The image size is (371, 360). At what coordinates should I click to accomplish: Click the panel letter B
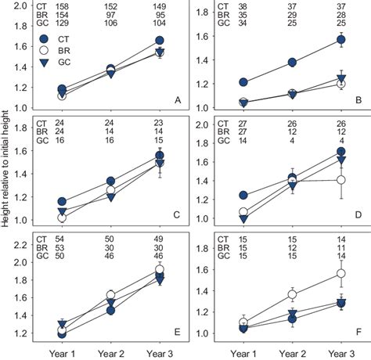pos(358,100)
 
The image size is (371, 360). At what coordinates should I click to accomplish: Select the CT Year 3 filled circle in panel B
pos(340,39)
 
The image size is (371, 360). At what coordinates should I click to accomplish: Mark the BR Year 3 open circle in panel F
pos(340,273)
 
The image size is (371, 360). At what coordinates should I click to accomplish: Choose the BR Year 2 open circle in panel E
pos(110,295)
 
